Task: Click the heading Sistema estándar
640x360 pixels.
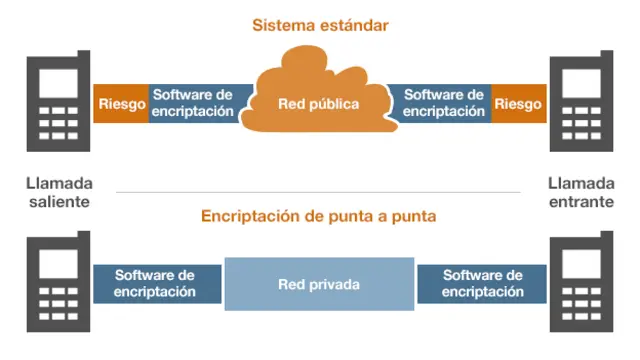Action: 319,24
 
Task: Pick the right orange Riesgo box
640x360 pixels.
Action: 518,103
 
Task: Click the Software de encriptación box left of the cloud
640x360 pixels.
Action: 193,103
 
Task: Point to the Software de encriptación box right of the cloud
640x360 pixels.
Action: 445,103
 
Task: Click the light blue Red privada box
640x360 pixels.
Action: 319,284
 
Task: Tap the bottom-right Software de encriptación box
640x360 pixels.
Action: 482,284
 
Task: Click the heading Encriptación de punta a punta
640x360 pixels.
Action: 319,216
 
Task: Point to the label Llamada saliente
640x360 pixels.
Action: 59,192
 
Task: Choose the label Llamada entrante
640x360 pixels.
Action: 582,192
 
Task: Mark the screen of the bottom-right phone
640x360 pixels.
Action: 582,266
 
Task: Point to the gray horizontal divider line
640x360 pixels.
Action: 319,192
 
